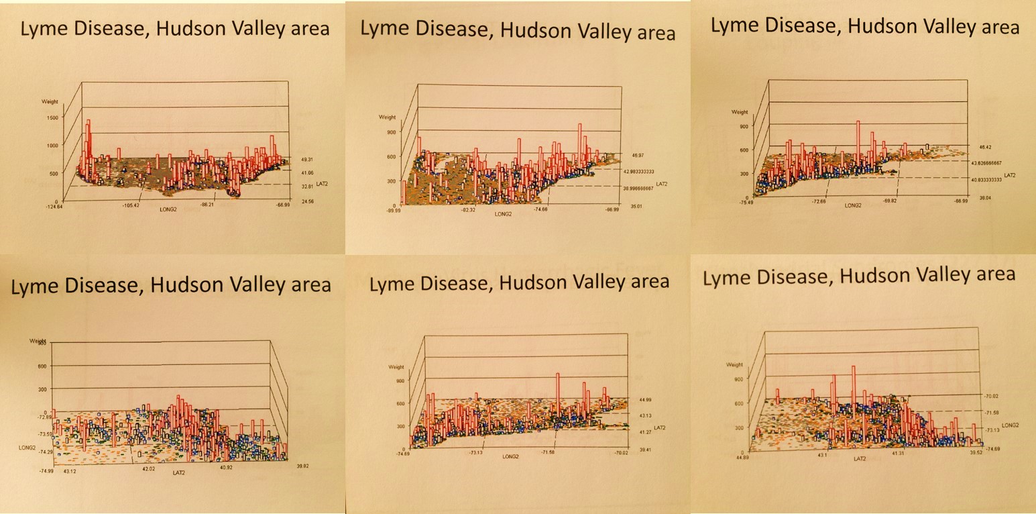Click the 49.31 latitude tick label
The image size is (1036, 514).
click(x=307, y=160)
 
